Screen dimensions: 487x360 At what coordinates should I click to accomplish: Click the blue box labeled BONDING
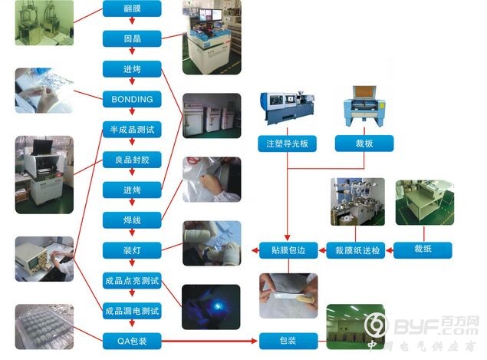click(x=132, y=99)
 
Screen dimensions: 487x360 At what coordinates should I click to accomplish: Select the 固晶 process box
click(x=132, y=38)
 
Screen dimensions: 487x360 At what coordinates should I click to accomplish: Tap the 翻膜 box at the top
click(x=132, y=8)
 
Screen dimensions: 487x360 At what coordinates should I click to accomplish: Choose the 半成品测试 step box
click(x=132, y=129)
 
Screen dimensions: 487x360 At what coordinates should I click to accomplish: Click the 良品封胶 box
click(x=132, y=160)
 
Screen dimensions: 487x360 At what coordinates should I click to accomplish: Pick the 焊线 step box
click(x=132, y=220)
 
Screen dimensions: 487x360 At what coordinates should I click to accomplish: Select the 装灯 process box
click(x=132, y=250)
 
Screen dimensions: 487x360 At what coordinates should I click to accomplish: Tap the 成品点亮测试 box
click(x=132, y=281)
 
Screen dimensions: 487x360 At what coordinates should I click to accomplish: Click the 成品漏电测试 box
click(x=132, y=311)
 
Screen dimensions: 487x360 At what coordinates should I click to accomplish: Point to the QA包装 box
click(x=132, y=341)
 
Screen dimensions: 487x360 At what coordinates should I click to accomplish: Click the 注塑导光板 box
click(x=288, y=144)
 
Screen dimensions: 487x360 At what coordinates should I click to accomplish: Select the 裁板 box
click(x=364, y=144)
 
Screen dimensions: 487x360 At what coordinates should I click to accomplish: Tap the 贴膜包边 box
click(x=288, y=250)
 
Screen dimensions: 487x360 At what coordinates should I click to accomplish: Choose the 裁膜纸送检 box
click(x=356, y=250)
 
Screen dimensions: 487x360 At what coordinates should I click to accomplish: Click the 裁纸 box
click(x=423, y=250)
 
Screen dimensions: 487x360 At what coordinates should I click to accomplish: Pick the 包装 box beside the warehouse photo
click(x=288, y=341)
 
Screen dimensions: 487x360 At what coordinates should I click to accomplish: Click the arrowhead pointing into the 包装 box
click(x=255, y=341)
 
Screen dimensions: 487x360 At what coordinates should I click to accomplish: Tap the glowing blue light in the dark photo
click(x=216, y=306)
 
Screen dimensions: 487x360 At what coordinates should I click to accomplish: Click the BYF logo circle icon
click(x=376, y=325)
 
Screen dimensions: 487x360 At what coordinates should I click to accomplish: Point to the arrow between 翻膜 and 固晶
click(x=132, y=21)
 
